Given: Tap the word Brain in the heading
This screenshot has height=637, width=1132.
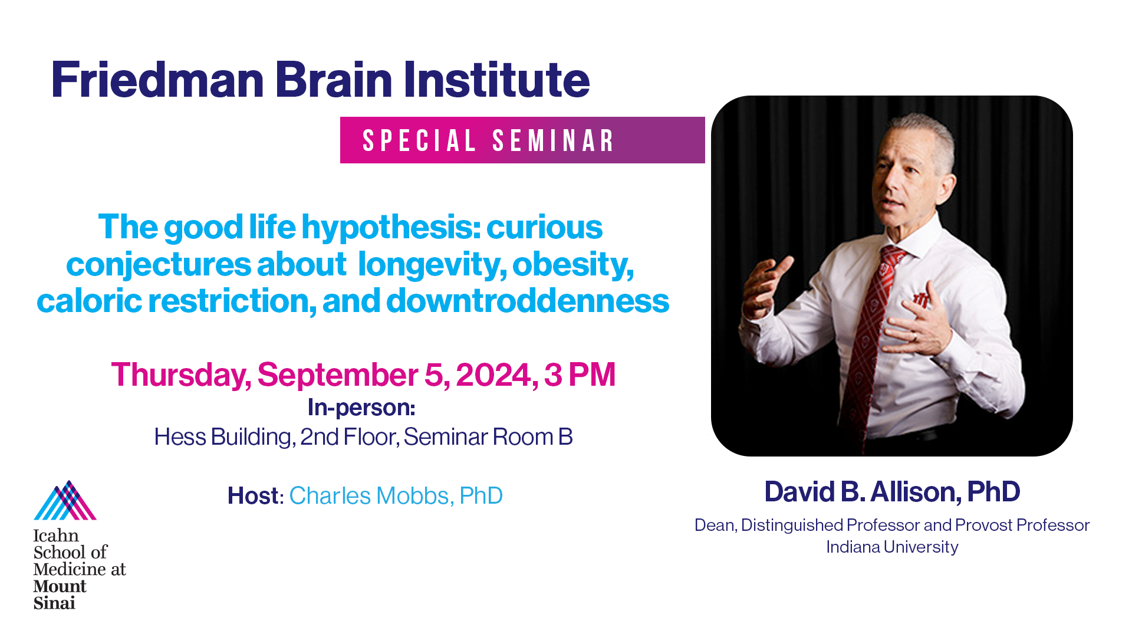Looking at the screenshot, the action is point(334,80).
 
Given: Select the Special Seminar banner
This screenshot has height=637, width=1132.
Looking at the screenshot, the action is point(522,140).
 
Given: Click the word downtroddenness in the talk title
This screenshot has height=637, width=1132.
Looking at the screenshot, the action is point(528,300).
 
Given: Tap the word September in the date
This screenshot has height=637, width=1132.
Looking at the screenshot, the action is point(338,375).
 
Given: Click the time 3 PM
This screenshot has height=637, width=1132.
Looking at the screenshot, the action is point(580,375).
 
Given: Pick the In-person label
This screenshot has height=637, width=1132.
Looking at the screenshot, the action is point(361,408).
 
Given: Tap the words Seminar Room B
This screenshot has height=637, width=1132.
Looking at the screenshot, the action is point(488,437).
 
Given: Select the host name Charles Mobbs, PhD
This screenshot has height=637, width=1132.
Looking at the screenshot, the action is point(396,496).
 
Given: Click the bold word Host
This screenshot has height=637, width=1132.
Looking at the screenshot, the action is point(253,496).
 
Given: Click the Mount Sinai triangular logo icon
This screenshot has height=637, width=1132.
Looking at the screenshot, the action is point(65,500).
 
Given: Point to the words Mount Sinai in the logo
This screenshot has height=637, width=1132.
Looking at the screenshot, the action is point(60,595).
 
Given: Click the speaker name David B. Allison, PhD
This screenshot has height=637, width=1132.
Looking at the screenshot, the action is point(892,492).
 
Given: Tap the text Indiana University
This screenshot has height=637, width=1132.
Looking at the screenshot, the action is point(892,547).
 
